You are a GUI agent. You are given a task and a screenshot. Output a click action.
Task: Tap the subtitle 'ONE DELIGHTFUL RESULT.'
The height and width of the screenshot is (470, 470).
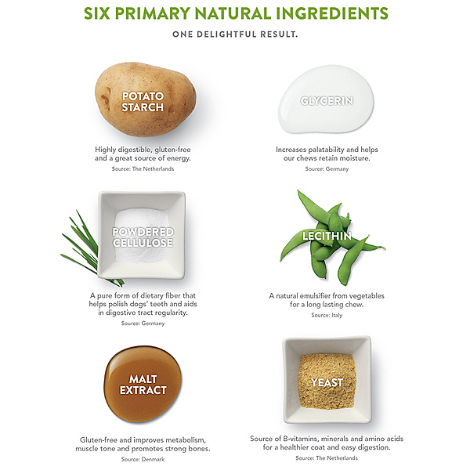[235, 34]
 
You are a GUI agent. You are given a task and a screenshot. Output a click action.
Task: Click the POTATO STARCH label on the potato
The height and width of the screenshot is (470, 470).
[143, 102]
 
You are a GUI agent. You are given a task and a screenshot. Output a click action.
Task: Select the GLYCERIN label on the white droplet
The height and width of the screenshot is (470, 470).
[327, 101]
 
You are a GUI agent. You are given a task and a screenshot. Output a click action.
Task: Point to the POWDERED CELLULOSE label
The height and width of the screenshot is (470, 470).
[143, 237]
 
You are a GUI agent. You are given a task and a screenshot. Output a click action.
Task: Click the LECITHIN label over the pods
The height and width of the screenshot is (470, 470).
[327, 236]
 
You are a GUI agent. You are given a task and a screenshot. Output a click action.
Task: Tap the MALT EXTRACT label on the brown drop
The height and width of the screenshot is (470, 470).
[143, 385]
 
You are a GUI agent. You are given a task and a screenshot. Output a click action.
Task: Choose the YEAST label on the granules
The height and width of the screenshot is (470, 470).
[327, 382]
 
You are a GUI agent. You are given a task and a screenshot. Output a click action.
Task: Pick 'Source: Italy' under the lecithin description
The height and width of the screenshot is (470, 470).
[327, 315]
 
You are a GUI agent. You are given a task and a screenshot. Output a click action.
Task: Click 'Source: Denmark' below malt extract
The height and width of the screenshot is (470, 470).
[143, 459]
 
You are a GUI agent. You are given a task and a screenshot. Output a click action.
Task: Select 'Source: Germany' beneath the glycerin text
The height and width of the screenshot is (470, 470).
[327, 168]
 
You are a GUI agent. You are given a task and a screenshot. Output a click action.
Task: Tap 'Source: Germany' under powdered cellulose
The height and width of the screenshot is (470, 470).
[143, 323]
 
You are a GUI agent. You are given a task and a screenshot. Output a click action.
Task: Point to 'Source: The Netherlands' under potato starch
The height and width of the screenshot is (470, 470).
[143, 168]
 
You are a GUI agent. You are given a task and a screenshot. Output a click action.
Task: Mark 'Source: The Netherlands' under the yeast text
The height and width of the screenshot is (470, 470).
[327, 458]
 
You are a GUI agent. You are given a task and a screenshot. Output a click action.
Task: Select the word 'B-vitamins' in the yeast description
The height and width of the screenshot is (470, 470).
[300, 439]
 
